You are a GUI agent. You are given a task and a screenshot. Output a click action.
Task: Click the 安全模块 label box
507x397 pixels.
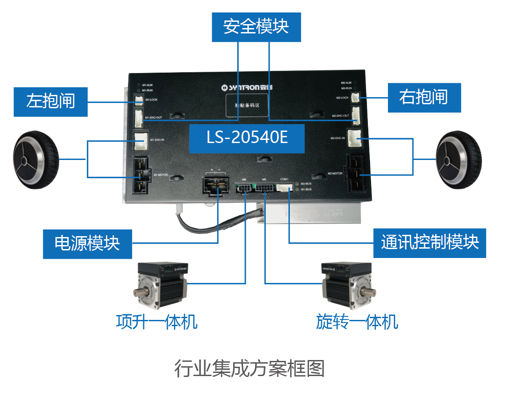[256, 27]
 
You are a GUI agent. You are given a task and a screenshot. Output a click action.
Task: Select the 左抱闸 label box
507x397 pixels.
[50, 101]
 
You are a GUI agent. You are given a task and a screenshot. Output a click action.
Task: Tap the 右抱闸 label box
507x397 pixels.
[424, 98]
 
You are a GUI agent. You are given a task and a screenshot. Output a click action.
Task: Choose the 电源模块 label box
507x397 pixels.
[87, 244]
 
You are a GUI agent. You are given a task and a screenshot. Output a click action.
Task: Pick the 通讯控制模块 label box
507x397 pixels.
[429, 243]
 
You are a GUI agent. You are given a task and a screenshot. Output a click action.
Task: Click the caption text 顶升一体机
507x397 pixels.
[157, 322]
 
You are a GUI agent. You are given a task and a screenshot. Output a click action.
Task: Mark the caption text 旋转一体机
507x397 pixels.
[357, 322]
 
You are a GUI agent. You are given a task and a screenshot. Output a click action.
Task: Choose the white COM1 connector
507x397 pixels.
[284, 187]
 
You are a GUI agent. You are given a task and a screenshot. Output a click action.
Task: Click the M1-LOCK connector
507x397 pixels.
[138, 100]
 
